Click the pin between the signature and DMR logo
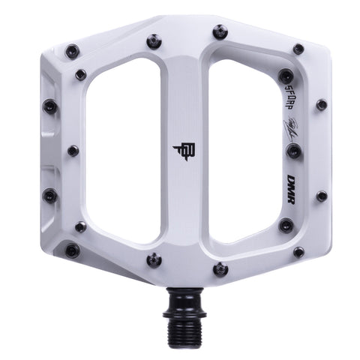[x=293, y=151]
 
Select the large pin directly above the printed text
[x=286, y=76]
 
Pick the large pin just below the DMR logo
[x=286, y=225]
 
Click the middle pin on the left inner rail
[x=73, y=151]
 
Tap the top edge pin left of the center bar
[x=154, y=41]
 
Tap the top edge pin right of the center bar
[x=219, y=32]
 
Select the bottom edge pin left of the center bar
[x=154, y=259]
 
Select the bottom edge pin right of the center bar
[x=219, y=268]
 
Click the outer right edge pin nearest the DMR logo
[x=321, y=196]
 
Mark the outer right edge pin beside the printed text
[x=321, y=104]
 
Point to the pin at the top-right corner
[x=298, y=49]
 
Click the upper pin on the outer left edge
[x=49, y=106]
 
